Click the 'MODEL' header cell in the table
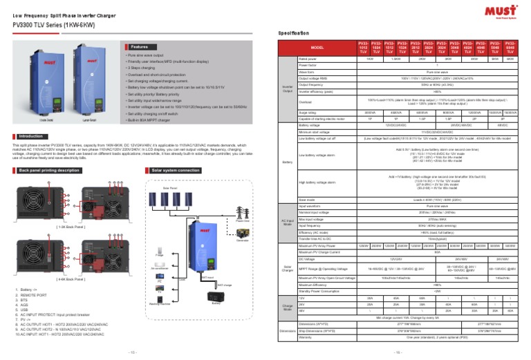coord(317,47)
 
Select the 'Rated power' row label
coord(308,59)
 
